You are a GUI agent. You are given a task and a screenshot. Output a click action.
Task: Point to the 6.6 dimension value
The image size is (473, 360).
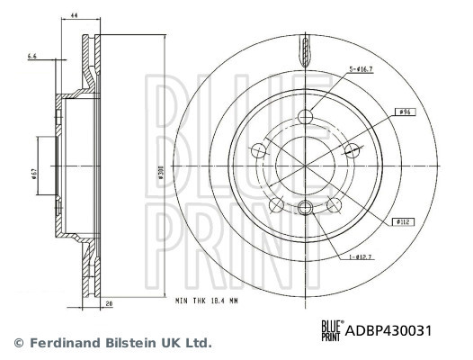pyautogui.click(x=33, y=56)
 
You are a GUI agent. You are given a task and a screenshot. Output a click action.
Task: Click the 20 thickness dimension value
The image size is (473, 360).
pyautogui.click(x=109, y=304)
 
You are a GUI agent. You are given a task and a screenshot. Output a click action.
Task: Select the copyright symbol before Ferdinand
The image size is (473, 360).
pyautogui.click(x=17, y=343)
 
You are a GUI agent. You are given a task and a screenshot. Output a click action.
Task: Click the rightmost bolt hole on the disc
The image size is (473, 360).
pyautogui.click(x=350, y=151)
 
